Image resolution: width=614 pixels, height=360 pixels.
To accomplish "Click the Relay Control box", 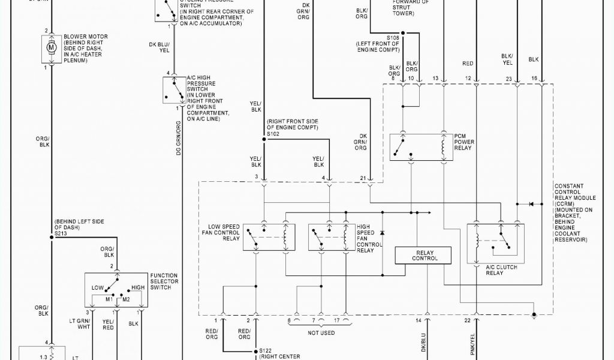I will [423, 256].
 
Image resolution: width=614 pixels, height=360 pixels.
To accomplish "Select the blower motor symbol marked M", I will [51, 48].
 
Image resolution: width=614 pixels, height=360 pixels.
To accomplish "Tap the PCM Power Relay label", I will [464, 142].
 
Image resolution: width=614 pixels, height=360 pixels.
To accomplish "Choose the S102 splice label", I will [273, 134].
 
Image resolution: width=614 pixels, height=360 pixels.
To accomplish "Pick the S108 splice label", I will [393, 38].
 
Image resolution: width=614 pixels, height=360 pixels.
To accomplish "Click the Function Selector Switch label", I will [164, 281].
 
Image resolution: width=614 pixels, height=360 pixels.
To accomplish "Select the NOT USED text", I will [321, 332].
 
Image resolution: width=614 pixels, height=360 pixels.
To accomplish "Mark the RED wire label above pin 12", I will [468, 63].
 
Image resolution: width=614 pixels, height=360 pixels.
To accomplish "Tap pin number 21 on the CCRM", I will [363, 178].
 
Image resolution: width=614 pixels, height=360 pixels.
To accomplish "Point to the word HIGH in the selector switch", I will [138, 287].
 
